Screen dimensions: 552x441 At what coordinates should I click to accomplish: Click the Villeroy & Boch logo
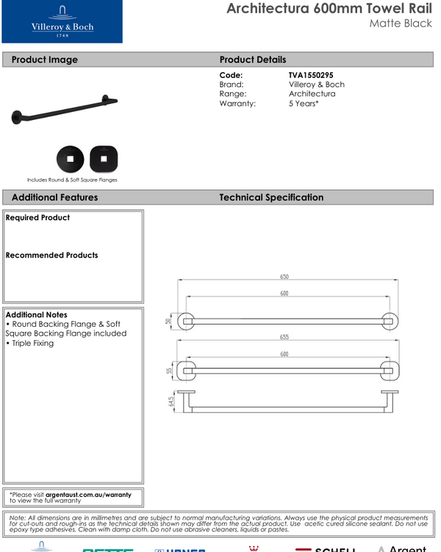pos(62,22)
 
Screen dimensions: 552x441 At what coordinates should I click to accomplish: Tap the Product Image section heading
pos(45,60)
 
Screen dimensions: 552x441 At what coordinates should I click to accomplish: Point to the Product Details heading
pos(253,60)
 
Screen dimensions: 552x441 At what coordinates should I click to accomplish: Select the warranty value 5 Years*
pos(304,104)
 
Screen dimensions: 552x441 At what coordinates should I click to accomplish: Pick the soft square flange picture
pos(104,158)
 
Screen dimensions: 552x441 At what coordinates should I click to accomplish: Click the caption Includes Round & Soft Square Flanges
pos(72,180)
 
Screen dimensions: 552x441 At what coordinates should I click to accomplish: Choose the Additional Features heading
pos(54,197)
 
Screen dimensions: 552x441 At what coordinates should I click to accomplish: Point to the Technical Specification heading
pos(271,197)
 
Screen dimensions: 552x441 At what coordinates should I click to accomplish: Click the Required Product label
pos(37,218)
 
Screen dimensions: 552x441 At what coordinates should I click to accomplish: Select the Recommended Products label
pos(51,255)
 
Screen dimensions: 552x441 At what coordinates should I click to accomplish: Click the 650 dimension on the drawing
pos(284,277)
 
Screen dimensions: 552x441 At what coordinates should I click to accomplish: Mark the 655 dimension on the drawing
pos(284,337)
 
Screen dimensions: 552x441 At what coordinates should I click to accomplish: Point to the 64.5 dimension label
pos(171,402)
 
